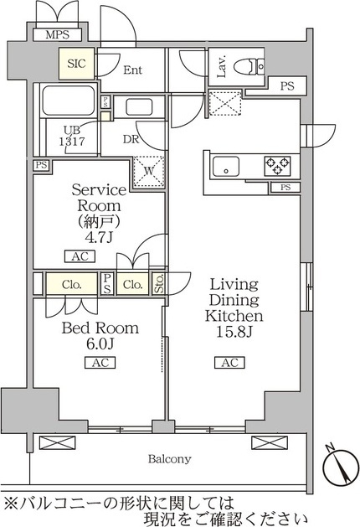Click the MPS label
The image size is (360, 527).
tap(57, 35)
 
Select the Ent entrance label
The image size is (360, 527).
tap(132, 71)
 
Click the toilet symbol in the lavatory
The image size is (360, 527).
tap(248, 65)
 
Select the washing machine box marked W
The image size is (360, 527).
tap(148, 171)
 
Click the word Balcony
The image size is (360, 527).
tap(170, 459)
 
